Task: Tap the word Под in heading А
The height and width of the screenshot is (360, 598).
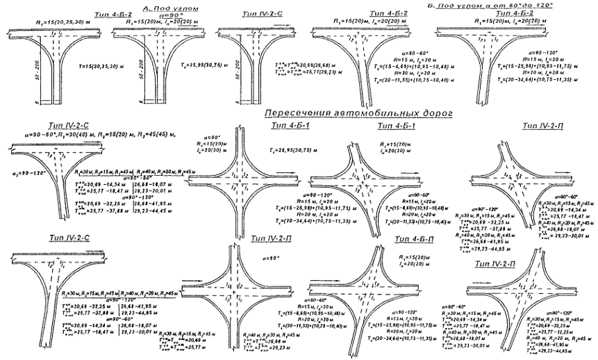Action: (x=154, y=6)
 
